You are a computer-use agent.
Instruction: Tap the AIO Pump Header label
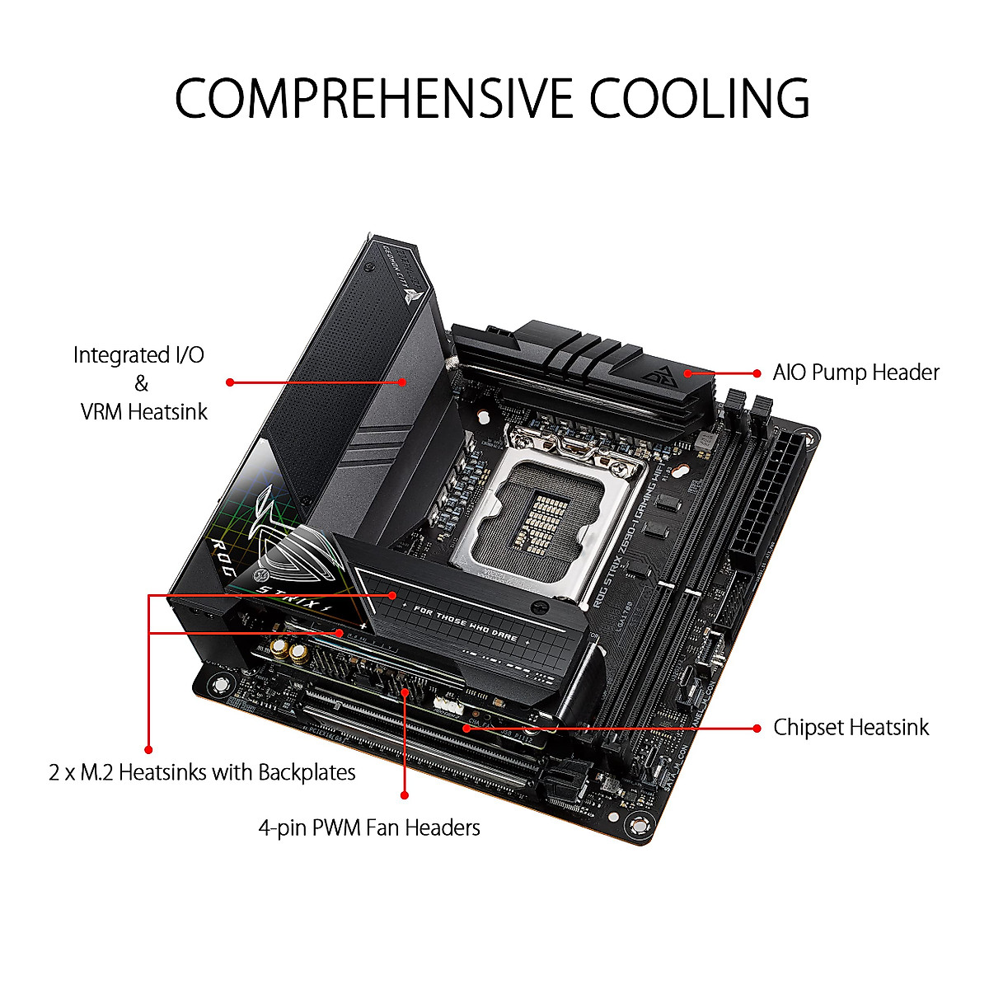[x=855, y=373]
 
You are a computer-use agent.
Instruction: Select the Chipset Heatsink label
[x=851, y=728]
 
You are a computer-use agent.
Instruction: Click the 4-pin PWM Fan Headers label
[x=369, y=827]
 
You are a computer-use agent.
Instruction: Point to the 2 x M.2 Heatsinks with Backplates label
[x=202, y=772]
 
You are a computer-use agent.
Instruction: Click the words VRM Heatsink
[x=144, y=411]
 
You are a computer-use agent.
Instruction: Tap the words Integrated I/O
[x=138, y=355]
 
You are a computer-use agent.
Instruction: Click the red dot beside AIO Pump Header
[x=757, y=373]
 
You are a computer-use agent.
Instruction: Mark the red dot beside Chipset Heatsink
[x=757, y=728]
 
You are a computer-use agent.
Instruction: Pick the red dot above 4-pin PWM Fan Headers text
[x=405, y=795]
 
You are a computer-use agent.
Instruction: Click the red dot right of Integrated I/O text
[x=230, y=382]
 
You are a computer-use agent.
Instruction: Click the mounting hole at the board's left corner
[x=218, y=683]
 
